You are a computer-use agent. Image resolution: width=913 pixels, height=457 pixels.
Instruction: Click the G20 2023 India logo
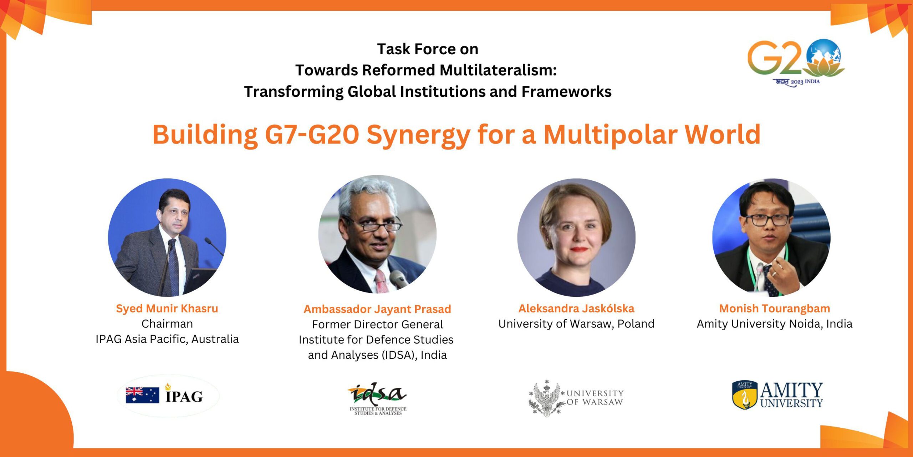pos(796,63)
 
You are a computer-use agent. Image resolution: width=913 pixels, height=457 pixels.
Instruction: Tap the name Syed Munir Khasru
pos(167,308)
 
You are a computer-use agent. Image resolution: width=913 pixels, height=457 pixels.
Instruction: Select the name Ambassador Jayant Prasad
pos(377,309)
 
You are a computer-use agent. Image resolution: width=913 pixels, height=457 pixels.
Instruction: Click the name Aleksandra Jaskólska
pos(576,308)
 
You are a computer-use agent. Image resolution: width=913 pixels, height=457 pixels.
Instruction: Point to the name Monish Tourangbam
pos(775,308)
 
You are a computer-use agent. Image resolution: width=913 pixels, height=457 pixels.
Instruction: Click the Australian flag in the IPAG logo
pos(142,395)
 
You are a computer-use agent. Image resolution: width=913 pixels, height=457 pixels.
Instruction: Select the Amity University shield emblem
pos(745,395)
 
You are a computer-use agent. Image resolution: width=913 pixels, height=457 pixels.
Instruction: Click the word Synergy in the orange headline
pos(418,135)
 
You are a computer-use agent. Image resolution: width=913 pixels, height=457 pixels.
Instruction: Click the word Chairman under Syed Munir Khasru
pos(167,324)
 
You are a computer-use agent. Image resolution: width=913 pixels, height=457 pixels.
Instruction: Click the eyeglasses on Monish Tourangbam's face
pos(768,220)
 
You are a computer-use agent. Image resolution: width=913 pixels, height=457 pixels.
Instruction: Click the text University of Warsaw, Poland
pos(576,324)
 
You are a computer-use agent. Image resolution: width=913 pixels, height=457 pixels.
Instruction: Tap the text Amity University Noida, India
pos(775,324)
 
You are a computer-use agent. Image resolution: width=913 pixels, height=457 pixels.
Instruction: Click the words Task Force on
pos(428,49)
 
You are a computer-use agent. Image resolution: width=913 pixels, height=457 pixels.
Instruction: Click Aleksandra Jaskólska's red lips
pos(578,250)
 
